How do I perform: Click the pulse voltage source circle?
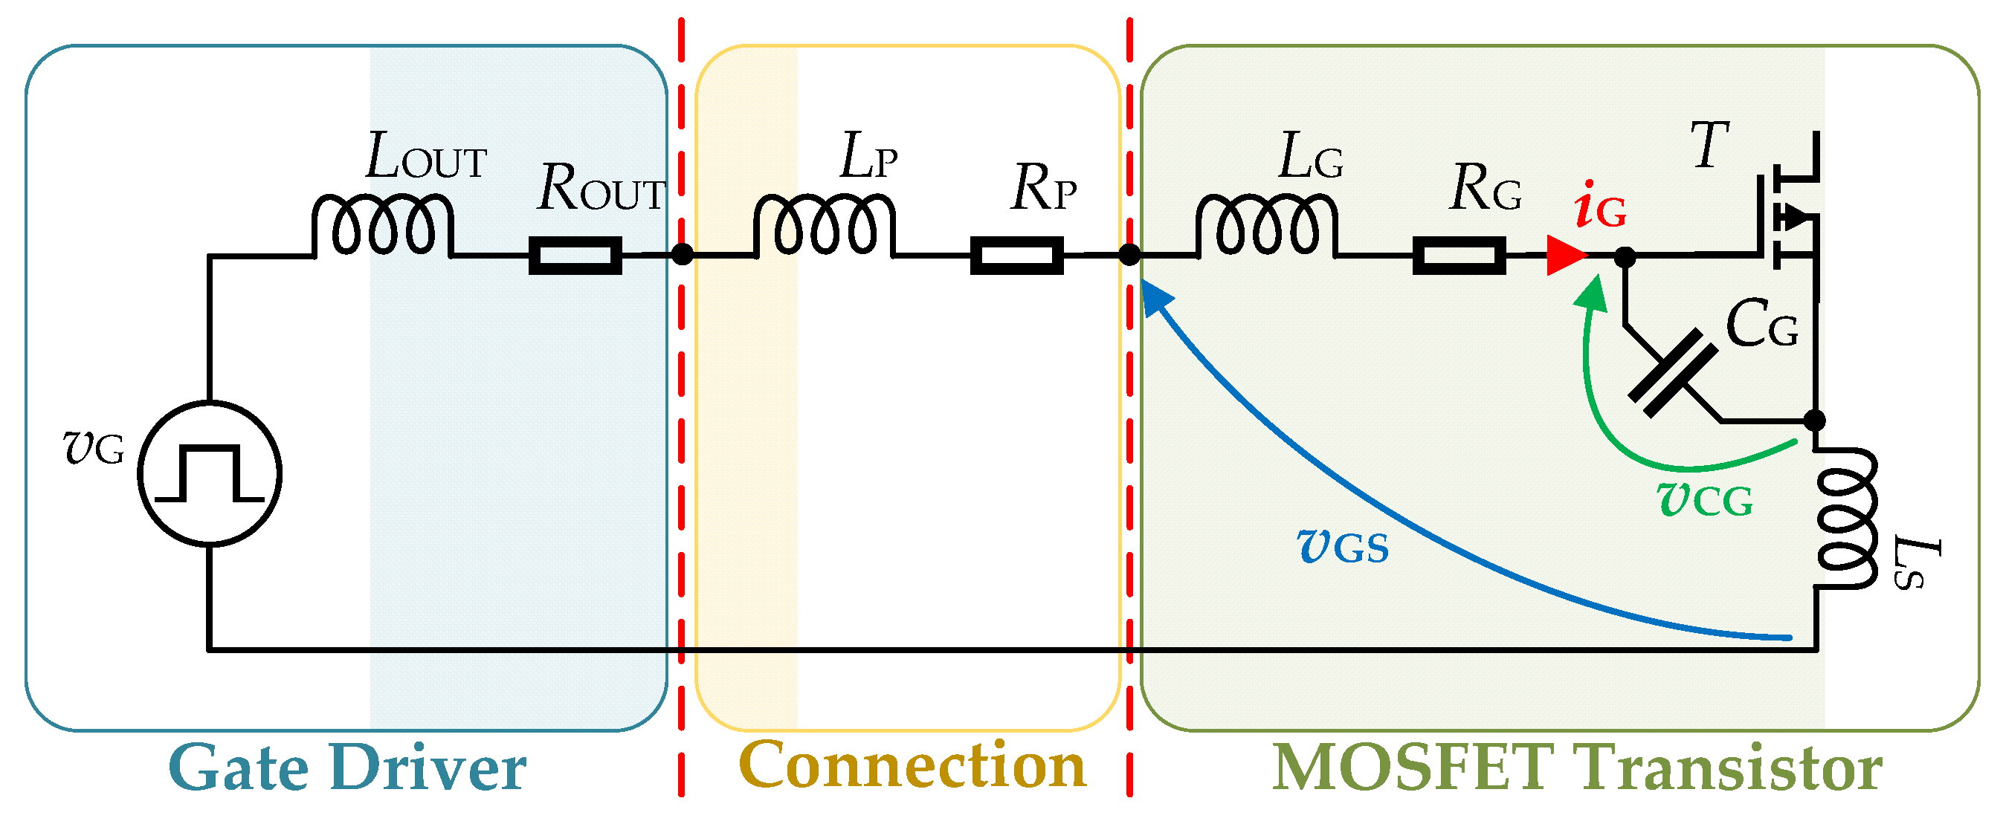coord(210,473)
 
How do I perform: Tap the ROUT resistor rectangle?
coord(575,256)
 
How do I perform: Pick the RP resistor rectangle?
coord(1016,256)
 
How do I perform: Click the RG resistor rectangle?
coord(1459,256)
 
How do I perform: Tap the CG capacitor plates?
coord(1671,373)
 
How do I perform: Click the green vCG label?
coord(1704,500)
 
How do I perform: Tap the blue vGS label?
coord(1343,546)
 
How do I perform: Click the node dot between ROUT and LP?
coord(681,254)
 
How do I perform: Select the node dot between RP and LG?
coord(1129,254)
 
